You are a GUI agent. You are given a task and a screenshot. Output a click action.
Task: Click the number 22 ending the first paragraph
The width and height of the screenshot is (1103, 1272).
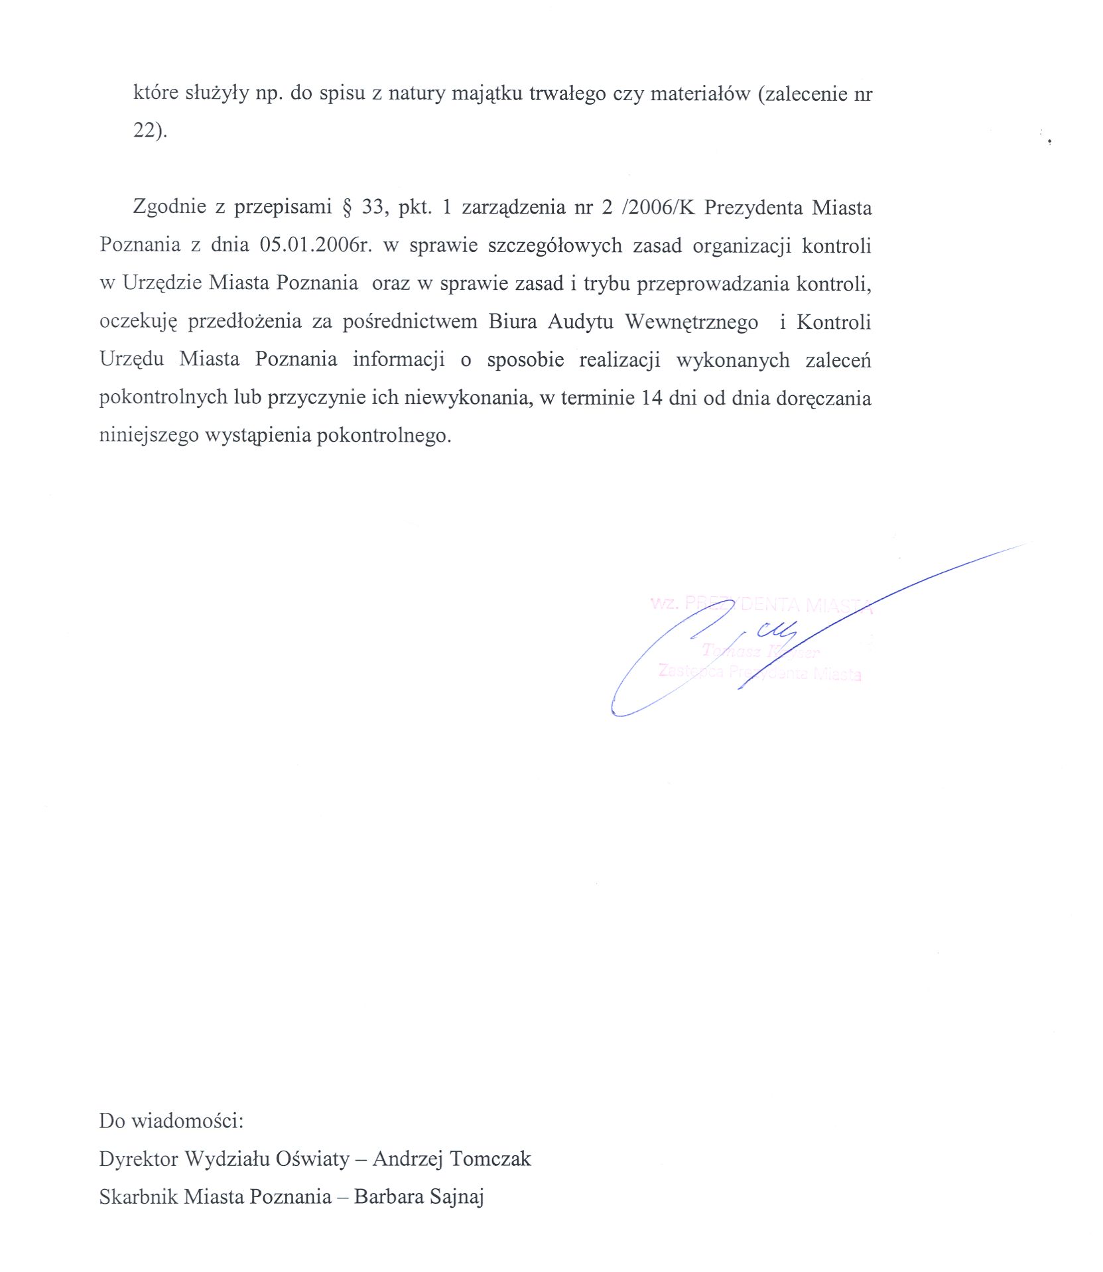(145, 131)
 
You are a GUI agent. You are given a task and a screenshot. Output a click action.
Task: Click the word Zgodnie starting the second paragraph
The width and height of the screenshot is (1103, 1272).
(170, 207)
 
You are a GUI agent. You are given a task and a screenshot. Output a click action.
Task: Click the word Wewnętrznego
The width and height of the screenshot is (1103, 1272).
(691, 322)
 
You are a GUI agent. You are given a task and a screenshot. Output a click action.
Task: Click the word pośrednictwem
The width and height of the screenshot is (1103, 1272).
(410, 322)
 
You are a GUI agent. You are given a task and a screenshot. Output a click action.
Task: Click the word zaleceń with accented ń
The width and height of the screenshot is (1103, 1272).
(838, 360)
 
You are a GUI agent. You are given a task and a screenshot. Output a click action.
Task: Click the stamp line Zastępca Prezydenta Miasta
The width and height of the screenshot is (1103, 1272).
(759, 672)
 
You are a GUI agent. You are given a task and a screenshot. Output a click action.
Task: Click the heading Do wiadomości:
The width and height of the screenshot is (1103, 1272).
(171, 1121)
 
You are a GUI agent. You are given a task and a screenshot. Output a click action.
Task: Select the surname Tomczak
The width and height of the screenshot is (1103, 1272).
(490, 1159)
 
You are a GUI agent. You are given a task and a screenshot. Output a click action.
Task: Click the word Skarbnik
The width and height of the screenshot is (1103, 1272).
(138, 1196)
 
